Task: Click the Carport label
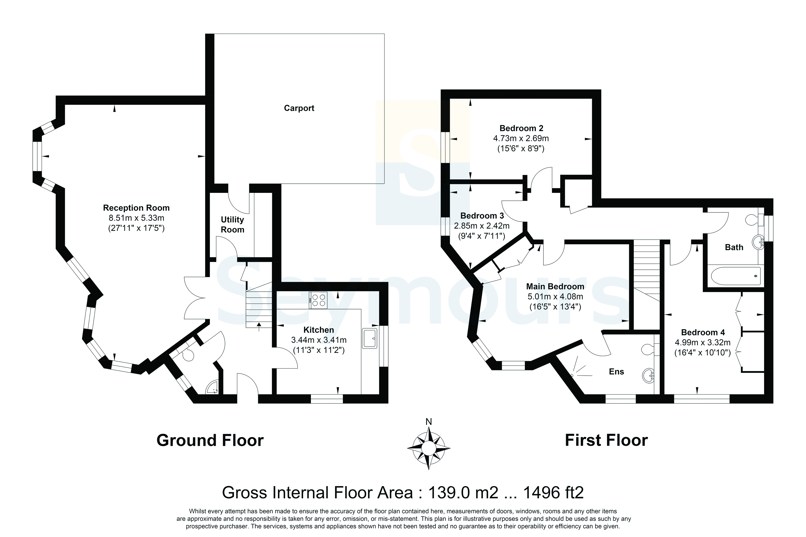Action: coord(299,108)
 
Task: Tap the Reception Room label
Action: coord(136,208)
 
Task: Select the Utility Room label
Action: coord(232,225)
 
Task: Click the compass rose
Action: coord(429,448)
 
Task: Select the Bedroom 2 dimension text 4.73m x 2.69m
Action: coord(521,138)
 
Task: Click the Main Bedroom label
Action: coord(555,286)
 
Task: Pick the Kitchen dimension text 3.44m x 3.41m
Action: coord(318,340)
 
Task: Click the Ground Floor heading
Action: coord(210,440)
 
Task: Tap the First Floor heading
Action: coord(606,440)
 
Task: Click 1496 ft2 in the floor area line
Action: coord(553,493)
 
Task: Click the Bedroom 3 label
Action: coord(482,216)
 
